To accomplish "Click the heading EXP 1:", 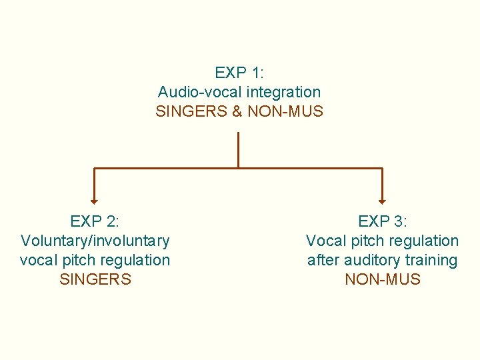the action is pos(239,72).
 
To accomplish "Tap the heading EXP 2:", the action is pos(95,221).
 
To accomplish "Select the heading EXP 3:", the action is pos(382,221).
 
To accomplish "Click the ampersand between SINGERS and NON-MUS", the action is pos(237,111).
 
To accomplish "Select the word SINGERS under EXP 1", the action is pos(191,111).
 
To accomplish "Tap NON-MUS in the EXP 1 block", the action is pos(285,111).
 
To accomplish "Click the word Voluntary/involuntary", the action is pos(95,240).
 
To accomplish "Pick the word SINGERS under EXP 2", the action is pos(95,279).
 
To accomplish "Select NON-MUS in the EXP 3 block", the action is pos(382,279).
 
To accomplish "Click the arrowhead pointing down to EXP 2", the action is pos(94,199).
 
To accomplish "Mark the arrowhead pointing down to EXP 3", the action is pos(382,199).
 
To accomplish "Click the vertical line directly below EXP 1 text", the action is pos(238,149).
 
